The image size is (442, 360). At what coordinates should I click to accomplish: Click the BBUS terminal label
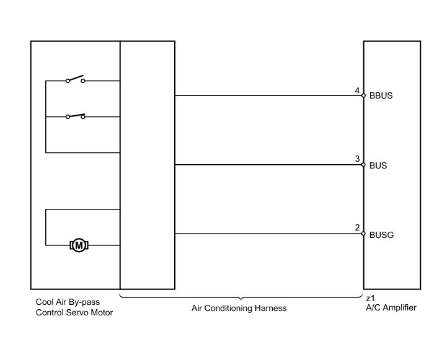coord(381,97)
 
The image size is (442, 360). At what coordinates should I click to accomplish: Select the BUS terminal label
coord(378,166)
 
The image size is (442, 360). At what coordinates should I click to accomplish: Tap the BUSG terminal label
coord(381,235)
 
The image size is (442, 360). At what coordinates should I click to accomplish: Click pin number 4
coord(358,91)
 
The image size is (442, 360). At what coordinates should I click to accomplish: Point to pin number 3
coord(358,160)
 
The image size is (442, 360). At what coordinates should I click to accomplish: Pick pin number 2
coord(358,229)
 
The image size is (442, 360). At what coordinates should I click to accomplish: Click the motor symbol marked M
coord(79,245)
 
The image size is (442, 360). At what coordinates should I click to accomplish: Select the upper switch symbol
coord(75,79)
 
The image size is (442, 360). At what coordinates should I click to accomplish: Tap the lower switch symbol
coord(75,115)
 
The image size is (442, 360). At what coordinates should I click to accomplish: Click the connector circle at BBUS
coord(364,96)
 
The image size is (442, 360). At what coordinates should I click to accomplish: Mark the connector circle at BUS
coord(364,165)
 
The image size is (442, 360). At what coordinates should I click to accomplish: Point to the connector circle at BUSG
coord(364,234)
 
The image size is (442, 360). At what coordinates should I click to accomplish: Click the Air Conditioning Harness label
coord(239,308)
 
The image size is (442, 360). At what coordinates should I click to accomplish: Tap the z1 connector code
coord(370,299)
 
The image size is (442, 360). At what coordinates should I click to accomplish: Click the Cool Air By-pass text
coord(68,302)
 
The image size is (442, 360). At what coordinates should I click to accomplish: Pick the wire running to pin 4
coord(267,96)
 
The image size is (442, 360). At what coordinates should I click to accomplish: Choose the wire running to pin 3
coord(267,165)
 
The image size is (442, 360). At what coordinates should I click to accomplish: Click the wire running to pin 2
coord(267,234)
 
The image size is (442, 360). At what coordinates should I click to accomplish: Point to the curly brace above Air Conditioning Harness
coord(241,297)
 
